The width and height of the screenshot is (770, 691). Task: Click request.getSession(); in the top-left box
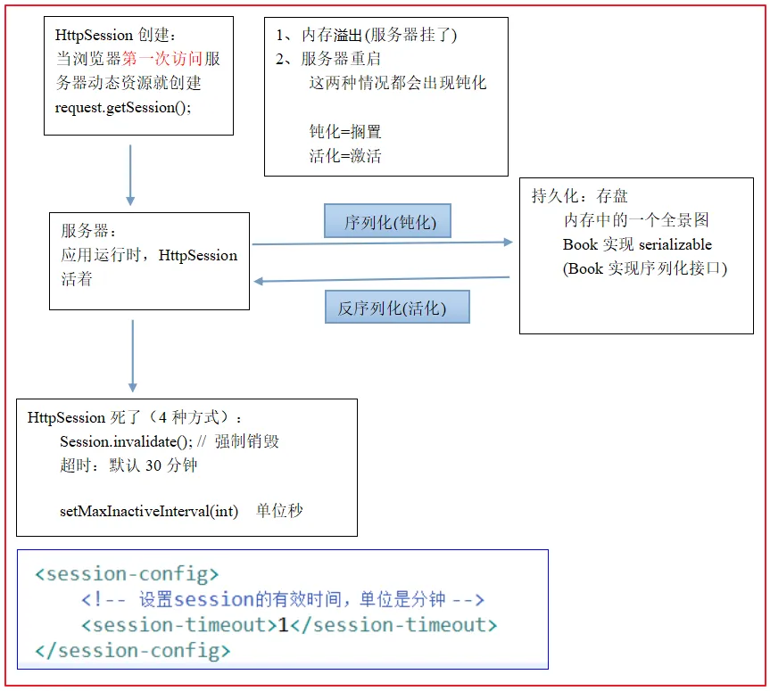[x=123, y=107]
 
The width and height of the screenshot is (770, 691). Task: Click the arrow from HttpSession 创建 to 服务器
[x=130, y=174]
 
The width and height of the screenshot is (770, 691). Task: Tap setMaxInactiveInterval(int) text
[x=149, y=511]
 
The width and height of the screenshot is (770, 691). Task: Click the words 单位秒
[x=279, y=511]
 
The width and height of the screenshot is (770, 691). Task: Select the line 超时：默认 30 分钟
[x=128, y=465]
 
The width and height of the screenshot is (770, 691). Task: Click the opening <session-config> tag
[x=127, y=573]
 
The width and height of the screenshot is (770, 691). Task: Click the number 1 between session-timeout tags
[x=283, y=625]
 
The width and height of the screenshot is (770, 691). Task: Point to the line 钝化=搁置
[x=344, y=132]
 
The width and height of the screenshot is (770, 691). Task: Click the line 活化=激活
[x=344, y=156]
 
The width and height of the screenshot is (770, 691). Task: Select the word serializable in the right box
[x=675, y=244]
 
